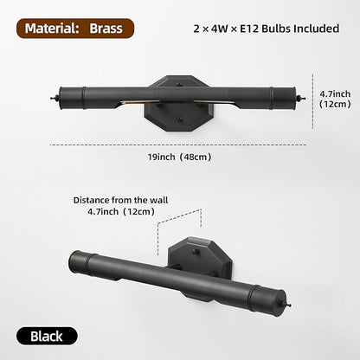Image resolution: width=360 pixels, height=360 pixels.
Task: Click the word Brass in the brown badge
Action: click(106, 29)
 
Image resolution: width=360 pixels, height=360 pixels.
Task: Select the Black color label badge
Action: click(47, 336)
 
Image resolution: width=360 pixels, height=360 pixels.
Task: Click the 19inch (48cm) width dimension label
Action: click(179, 157)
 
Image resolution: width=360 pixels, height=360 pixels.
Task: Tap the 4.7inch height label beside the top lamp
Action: click(335, 99)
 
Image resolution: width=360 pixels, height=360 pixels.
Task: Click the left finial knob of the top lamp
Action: click(55, 99)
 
